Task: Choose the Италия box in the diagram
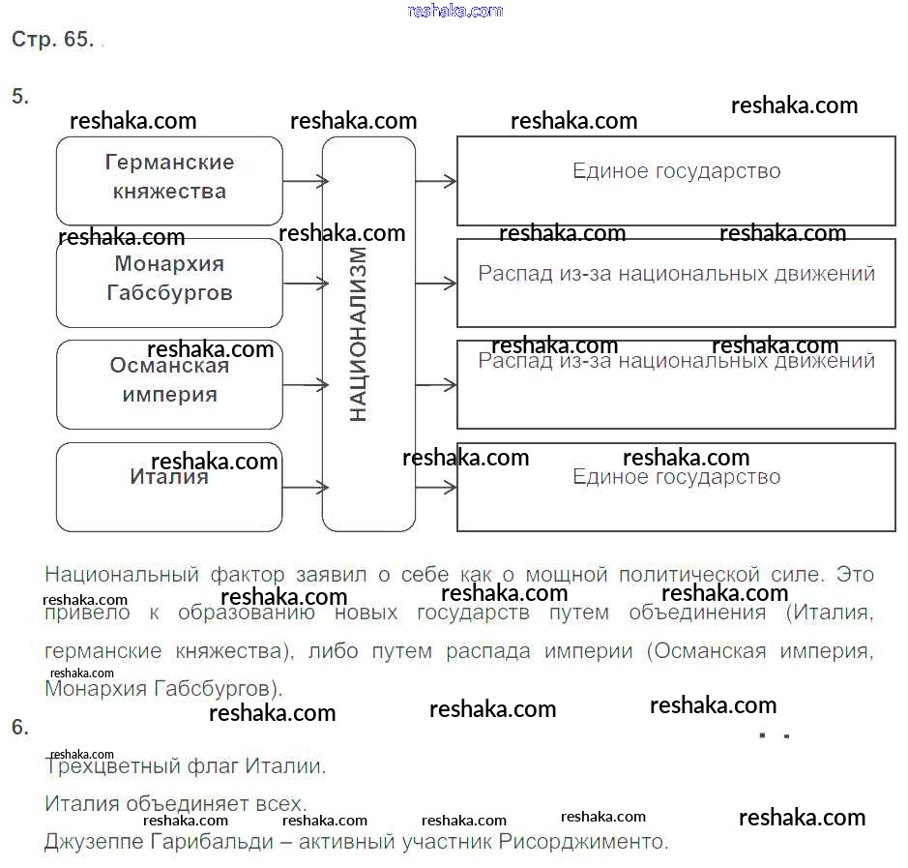click(169, 487)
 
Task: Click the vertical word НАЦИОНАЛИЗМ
click(359, 334)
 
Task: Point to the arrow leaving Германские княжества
click(305, 181)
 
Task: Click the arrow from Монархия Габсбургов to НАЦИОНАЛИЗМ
click(305, 284)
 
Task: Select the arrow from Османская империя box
click(305, 385)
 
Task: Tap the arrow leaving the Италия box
click(305, 488)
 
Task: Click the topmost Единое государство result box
click(676, 181)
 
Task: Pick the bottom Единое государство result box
click(676, 487)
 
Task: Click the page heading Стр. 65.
click(52, 40)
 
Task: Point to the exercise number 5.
click(20, 96)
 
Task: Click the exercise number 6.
click(20, 727)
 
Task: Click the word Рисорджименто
click(583, 841)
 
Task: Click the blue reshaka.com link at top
click(455, 11)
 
